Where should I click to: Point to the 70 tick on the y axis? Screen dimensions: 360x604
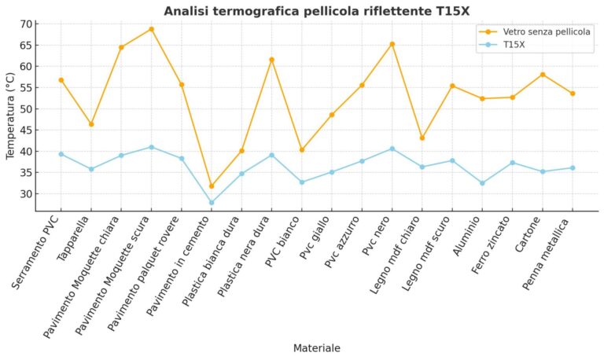27,24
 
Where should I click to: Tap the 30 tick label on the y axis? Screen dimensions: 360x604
27,193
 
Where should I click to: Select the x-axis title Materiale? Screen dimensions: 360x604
316,347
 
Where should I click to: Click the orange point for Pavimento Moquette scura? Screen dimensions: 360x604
151,29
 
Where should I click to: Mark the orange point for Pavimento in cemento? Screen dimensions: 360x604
212,186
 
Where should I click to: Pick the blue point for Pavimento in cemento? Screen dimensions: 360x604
212,203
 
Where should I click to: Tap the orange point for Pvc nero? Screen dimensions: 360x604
392,44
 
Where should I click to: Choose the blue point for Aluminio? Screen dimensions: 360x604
482,183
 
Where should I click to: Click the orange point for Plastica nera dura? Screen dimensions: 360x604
271,60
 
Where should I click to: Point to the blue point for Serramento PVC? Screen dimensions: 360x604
61,154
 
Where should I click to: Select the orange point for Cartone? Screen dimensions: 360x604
542,75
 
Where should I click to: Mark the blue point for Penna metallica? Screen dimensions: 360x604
573,167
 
